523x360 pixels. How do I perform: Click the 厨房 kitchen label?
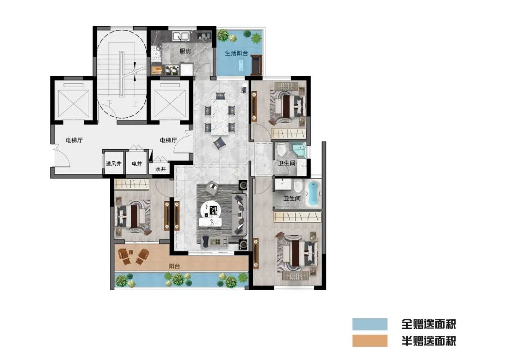185,51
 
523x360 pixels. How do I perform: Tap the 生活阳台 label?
236,53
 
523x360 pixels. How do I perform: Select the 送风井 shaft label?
114,164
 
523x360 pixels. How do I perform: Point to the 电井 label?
137,164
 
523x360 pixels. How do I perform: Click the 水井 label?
160,169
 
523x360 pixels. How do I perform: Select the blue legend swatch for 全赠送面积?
370,324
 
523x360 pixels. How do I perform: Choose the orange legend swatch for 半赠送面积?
370,341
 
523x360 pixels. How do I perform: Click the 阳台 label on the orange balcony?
174,266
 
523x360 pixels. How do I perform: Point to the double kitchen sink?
181,35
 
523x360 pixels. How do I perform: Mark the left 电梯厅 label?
74,140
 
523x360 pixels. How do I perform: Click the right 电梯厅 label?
169,140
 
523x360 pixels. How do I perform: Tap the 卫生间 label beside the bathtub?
292,199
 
